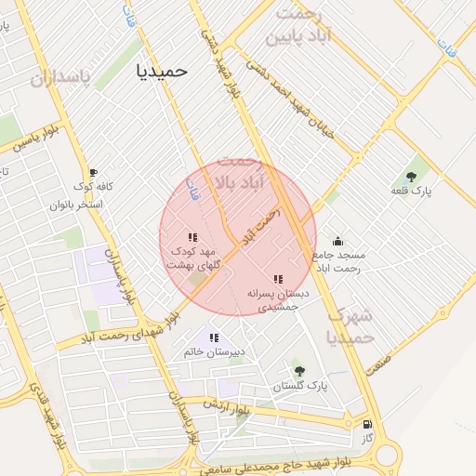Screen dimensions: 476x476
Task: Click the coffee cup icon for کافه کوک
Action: (x=93, y=173)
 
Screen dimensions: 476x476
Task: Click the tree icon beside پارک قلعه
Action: (x=411, y=177)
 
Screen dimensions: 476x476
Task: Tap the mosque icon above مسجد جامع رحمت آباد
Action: (x=337, y=241)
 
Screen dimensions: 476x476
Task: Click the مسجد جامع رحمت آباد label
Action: (x=339, y=260)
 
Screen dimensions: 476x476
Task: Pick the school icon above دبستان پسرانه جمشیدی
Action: (x=277, y=279)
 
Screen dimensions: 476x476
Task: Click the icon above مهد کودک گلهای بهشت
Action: (x=192, y=238)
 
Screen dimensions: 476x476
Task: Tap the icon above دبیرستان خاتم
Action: (x=214, y=338)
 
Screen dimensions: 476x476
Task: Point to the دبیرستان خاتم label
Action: (x=214, y=352)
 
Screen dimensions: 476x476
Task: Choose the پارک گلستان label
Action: (x=300, y=386)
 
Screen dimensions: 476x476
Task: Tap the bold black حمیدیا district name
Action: (x=162, y=70)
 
